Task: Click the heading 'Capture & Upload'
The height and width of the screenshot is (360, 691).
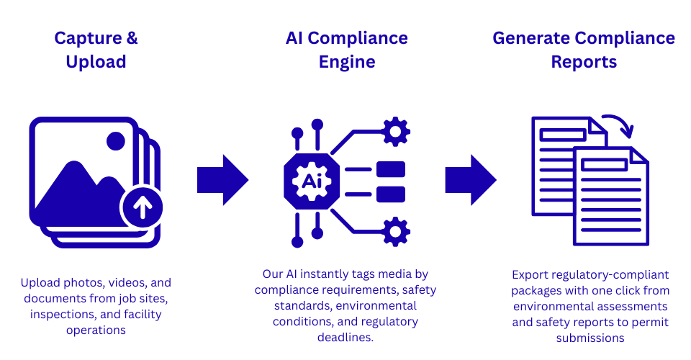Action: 96,50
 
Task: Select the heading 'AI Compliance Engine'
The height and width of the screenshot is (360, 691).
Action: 346,50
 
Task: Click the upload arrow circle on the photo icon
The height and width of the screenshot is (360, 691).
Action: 142,207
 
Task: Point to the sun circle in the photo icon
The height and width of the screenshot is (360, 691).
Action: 115,141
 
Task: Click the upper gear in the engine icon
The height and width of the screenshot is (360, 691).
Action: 395,132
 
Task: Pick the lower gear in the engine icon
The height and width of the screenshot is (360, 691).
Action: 395,232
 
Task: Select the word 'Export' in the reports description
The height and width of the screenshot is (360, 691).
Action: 530,275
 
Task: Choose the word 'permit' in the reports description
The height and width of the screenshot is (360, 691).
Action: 651,322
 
